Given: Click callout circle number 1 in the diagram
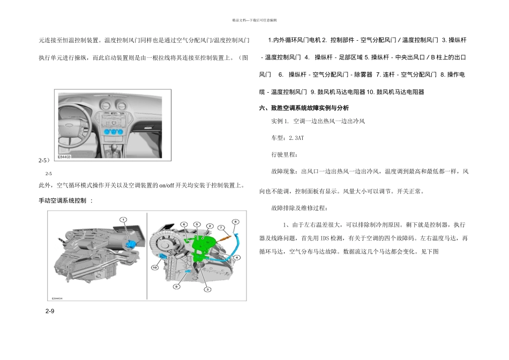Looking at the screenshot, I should pyautogui.click(x=123, y=220).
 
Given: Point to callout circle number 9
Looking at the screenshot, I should pyautogui.click(x=175, y=287).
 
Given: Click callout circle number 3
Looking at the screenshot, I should pyautogui.click(x=207, y=289).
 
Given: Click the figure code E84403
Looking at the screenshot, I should pyautogui.click(x=64, y=157).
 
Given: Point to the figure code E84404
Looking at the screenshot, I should pyautogui.click(x=57, y=298).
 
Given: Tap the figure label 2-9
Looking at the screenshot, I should pyautogui.click(x=49, y=311).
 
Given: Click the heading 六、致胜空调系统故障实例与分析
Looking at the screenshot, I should pyautogui.click(x=304, y=108).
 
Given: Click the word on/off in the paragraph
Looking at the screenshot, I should pyautogui.click(x=161, y=186).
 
